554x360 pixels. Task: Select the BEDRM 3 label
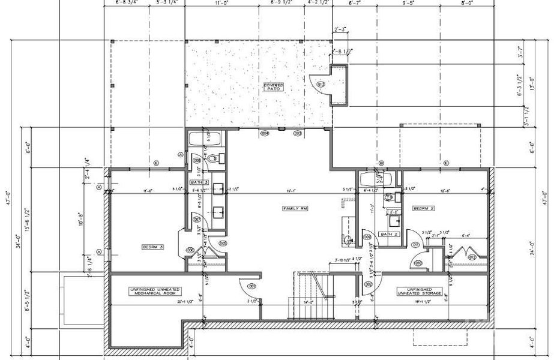tap(153, 247)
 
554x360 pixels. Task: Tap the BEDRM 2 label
tap(423, 208)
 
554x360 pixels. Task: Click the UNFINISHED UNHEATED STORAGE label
tap(420, 292)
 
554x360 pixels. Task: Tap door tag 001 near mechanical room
tap(252, 285)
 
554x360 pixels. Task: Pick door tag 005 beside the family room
tap(222, 243)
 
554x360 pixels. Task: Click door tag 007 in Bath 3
tap(196, 219)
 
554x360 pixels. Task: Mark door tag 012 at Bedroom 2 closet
tap(472, 258)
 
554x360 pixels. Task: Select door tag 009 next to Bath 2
tap(367, 238)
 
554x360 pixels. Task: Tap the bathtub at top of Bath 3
tap(205, 139)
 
